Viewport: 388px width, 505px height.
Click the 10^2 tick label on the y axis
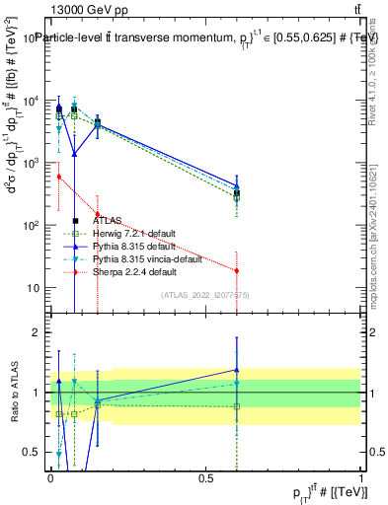coord(33,226)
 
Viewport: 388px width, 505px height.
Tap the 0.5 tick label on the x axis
coord(205,478)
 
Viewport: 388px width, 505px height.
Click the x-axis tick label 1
coord(361,478)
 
